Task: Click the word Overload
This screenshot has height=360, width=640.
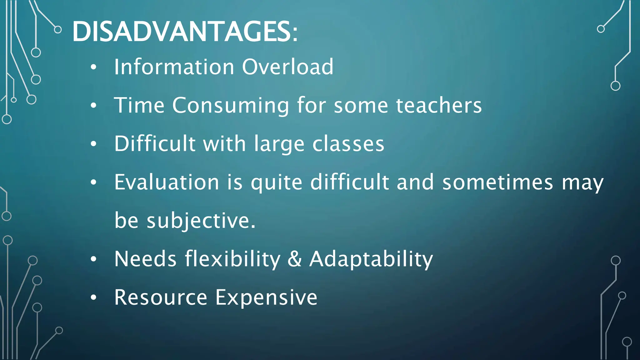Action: [x=288, y=67]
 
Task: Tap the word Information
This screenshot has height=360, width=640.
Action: [x=174, y=67]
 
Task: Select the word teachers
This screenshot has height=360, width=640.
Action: [x=439, y=105]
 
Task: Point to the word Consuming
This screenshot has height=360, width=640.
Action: [x=231, y=106]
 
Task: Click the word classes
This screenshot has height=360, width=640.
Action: [x=348, y=144]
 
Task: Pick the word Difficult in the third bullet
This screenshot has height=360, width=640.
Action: [x=155, y=144]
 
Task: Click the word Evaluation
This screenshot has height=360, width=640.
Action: [x=167, y=182]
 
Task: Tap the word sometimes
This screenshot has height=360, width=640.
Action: [x=497, y=182]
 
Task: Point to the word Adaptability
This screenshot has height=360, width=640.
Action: [x=371, y=259]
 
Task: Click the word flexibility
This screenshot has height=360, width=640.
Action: [x=232, y=259]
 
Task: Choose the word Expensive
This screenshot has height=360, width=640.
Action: [x=266, y=297]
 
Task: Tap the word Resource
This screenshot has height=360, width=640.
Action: [x=161, y=297]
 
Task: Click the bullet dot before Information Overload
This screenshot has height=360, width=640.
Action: [x=93, y=67]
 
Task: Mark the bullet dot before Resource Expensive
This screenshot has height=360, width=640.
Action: [x=93, y=298]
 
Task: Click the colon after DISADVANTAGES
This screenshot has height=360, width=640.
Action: [x=295, y=34]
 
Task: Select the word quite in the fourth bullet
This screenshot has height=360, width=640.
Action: [x=277, y=183]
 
